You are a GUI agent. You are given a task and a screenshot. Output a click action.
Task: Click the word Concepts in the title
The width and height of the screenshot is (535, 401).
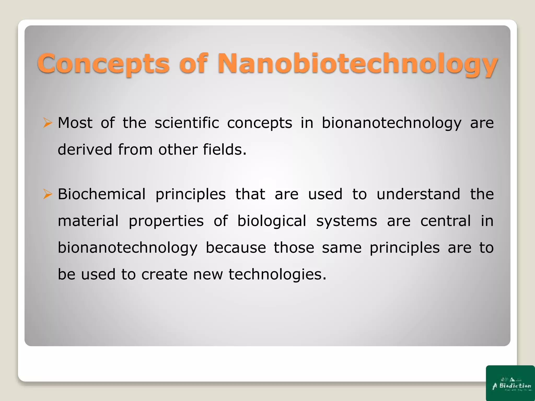pos(103,63)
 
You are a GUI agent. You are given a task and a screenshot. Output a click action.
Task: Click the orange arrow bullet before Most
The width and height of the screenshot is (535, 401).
pos(48,123)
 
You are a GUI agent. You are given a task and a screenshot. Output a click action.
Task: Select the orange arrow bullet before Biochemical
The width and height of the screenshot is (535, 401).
pos(48,194)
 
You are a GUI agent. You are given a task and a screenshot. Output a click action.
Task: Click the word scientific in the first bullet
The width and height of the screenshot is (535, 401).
pos(187,123)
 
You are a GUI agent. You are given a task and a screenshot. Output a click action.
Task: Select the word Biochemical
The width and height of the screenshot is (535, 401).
pos(102,194)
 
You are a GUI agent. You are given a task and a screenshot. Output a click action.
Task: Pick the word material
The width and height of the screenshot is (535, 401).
pos(88,221)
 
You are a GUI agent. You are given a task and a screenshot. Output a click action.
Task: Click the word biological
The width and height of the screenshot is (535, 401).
pos(271,221)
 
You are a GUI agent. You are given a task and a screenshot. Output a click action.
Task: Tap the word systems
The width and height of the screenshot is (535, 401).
pos(346,221)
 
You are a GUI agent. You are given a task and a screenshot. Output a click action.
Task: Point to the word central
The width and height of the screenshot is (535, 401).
pos(445,221)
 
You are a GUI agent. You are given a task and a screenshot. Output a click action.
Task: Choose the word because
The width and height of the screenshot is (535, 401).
pos(236,247)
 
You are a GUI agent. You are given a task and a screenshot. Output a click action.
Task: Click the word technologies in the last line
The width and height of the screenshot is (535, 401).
pos(277,274)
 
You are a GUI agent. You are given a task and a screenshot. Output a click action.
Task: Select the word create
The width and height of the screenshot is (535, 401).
pos(164,274)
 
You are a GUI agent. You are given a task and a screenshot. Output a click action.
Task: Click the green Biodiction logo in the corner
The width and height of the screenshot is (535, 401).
pos(510,383)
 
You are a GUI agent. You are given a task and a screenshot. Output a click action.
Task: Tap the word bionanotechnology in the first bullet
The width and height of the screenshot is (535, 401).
pos(391,123)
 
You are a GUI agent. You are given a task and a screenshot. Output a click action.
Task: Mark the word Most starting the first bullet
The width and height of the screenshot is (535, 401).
pos(75,123)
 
